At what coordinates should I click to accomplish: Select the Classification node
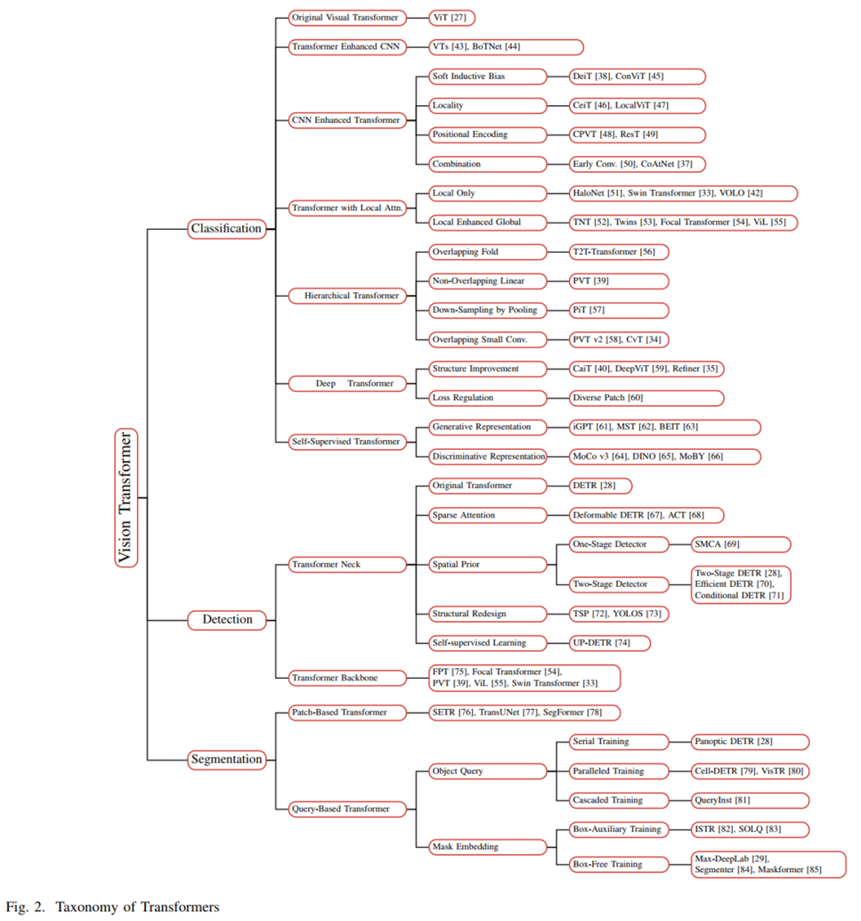point(226,229)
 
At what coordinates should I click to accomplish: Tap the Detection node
point(226,619)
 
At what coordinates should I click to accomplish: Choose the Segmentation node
point(226,760)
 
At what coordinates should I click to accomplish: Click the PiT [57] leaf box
point(619,310)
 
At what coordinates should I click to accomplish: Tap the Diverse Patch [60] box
point(646,397)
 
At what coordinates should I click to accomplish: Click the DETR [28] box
point(600,485)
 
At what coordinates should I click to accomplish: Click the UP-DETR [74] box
point(610,642)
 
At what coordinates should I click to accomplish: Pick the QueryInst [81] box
point(750,800)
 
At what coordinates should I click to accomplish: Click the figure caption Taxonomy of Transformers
point(138,907)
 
